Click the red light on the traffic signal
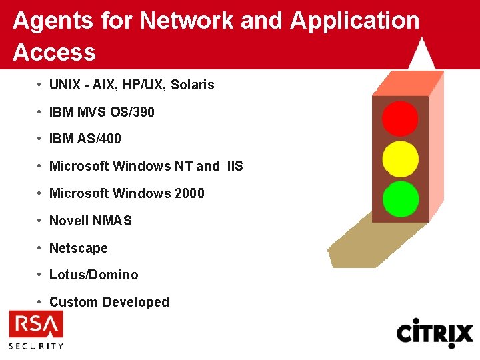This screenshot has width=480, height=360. pyautogui.click(x=400, y=119)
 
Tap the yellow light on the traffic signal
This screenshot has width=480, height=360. pyautogui.click(x=400, y=159)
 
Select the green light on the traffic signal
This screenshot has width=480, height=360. pyautogui.click(x=401, y=199)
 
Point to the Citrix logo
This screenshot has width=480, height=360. pyautogui.click(x=435, y=333)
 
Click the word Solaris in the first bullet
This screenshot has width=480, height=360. pyautogui.click(x=193, y=85)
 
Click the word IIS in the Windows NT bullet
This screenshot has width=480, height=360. pyautogui.click(x=235, y=166)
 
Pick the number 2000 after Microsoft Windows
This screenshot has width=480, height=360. pyautogui.click(x=189, y=193)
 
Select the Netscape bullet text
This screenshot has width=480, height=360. pyautogui.click(x=79, y=248)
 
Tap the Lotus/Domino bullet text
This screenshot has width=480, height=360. pyautogui.click(x=94, y=275)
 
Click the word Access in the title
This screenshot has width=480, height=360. pyautogui.click(x=54, y=52)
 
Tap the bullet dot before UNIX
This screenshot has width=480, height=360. pyautogui.click(x=41, y=85)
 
